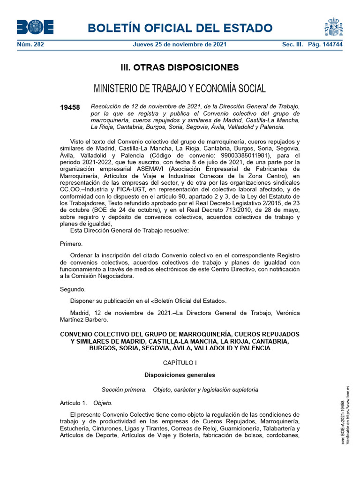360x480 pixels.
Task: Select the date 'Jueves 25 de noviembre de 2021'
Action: tap(180, 45)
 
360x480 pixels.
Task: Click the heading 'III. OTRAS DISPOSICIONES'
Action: tap(180, 67)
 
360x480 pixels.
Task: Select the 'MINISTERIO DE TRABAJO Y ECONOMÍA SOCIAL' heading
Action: tap(180, 89)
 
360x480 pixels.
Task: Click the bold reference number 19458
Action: tap(70, 107)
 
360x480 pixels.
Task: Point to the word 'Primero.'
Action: tap(71, 244)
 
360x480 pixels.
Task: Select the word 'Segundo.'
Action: tap(73, 289)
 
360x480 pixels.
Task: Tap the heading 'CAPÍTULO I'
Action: tap(180, 363)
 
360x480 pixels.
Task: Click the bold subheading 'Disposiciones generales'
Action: tap(180, 375)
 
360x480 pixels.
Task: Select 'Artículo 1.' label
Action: tap(74, 403)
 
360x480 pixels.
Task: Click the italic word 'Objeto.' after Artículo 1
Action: tap(103, 403)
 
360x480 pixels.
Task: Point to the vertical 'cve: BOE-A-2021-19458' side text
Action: tap(343, 422)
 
